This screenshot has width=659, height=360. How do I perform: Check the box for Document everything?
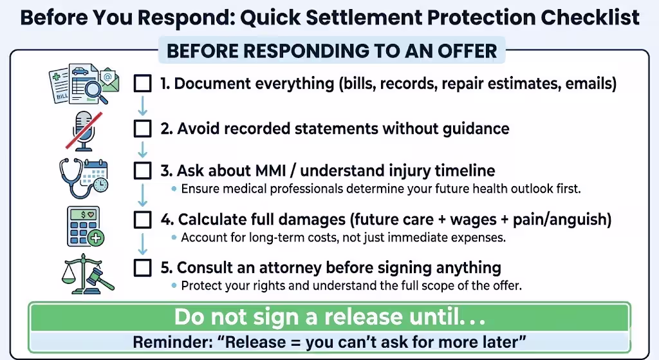click(142, 83)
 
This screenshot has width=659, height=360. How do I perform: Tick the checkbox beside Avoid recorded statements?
click(142, 128)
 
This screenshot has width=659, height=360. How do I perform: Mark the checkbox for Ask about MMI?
click(142, 171)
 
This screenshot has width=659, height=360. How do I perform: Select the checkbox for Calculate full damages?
click(142, 220)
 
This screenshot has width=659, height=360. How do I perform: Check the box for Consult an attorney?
click(142, 268)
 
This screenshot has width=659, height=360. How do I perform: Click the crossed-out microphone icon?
click(84, 131)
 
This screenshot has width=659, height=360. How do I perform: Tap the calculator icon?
click(86, 226)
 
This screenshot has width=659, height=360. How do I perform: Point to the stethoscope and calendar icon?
click(84, 178)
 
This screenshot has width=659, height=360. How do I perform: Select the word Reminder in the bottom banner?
click(173, 342)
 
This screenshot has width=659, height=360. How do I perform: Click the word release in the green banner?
click(364, 317)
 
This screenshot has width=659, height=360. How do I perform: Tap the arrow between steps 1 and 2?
click(142, 106)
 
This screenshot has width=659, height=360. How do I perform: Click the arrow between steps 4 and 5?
click(142, 244)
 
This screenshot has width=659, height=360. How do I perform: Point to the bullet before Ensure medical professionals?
click(174, 189)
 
